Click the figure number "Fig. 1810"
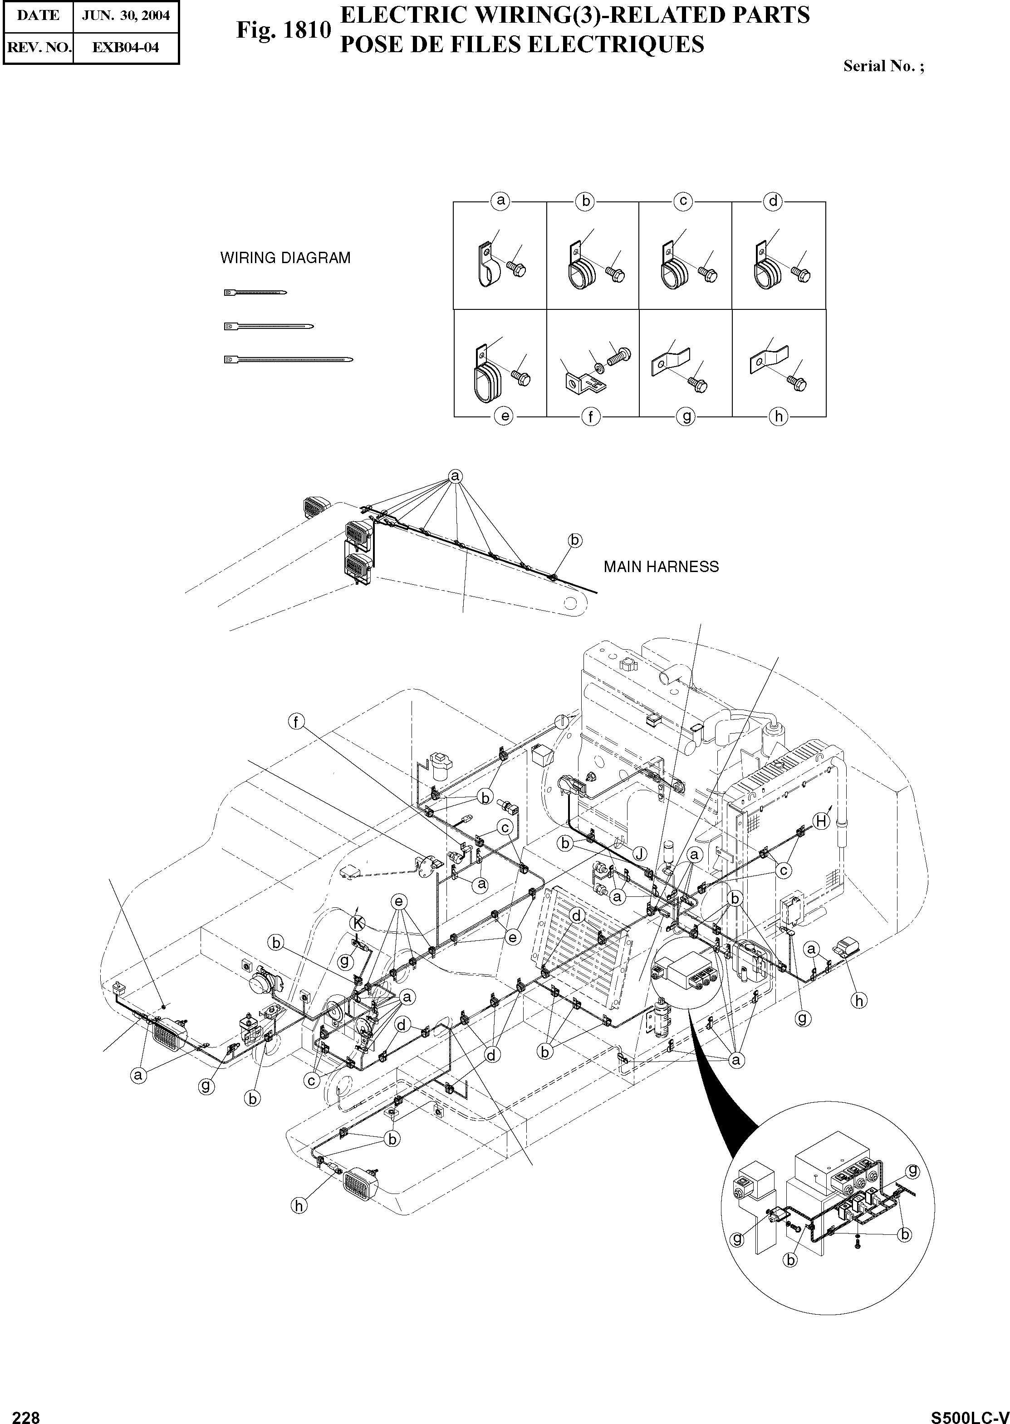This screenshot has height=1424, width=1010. (283, 30)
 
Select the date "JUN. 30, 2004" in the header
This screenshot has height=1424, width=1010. (126, 15)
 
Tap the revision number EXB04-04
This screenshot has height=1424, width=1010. (126, 47)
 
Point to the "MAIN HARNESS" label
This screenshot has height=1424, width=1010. (661, 567)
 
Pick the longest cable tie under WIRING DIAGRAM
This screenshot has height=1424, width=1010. (289, 359)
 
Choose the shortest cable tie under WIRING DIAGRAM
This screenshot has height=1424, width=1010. (255, 292)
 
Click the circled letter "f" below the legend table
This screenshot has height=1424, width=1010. (591, 416)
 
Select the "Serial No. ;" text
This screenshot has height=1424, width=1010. (883, 67)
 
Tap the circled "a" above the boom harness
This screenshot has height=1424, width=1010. (455, 476)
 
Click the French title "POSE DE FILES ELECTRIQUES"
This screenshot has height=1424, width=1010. (521, 45)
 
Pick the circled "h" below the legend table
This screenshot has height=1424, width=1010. (779, 416)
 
